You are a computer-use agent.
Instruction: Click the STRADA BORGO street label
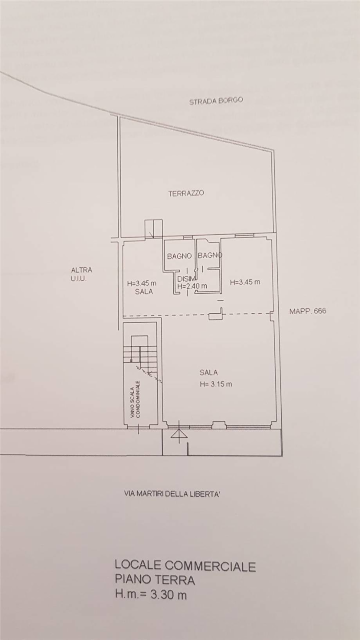coord(216,101)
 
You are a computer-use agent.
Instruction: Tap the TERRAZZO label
coord(186,193)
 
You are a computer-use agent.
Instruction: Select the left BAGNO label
coord(179,256)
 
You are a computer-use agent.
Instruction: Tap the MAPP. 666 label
coord(308,311)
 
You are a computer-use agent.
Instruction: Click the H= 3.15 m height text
coord(216,384)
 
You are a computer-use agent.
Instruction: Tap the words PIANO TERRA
coord(155,580)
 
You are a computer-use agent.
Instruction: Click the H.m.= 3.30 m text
coord(151,595)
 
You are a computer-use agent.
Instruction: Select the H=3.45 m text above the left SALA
coord(142,284)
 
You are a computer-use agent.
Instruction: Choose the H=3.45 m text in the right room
coord(245,282)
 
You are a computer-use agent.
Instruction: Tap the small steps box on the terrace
coord(153,228)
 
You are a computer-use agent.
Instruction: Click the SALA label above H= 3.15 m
coord(208,372)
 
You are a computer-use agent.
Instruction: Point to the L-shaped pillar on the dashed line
coord(216,314)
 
